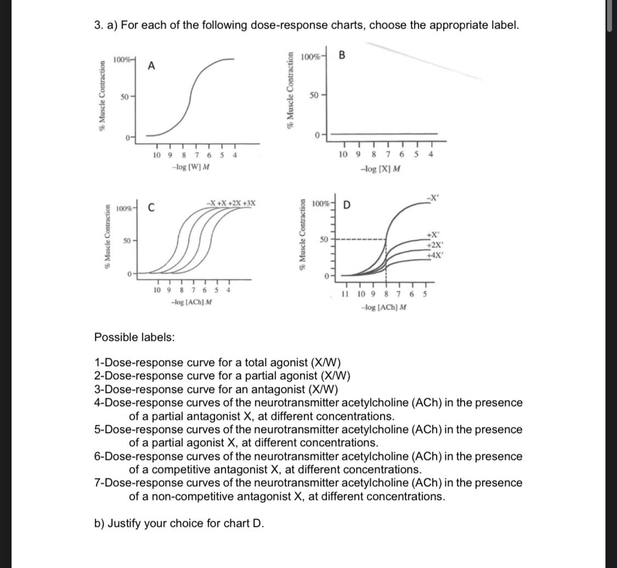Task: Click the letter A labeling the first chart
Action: point(152,66)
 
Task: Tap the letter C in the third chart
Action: point(151,208)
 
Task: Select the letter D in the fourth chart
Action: point(346,206)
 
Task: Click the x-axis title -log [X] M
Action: point(380,168)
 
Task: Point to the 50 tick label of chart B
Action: point(313,95)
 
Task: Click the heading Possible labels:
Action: point(135,337)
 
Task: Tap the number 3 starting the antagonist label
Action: point(98,390)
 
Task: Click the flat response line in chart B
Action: point(384,133)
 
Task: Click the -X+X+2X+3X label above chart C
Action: point(230,203)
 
